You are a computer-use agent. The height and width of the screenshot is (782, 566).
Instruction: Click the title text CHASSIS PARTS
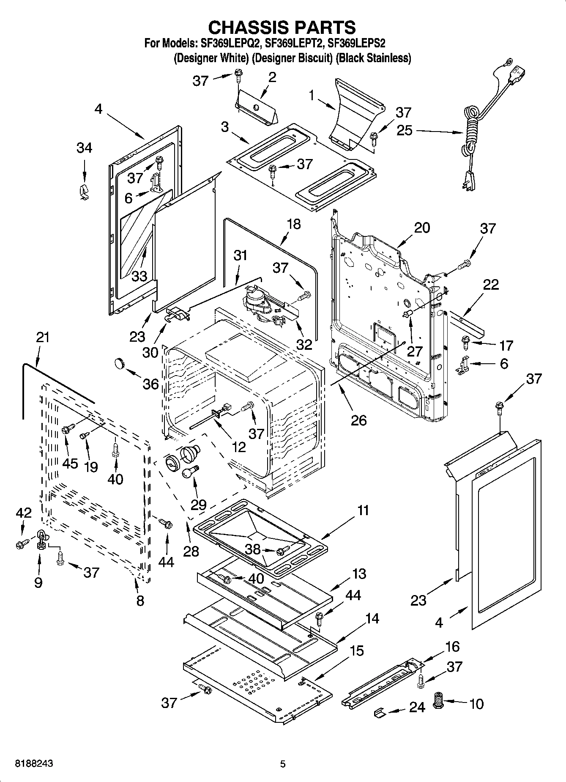(282, 27)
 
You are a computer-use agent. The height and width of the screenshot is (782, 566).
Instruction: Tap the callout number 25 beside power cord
(404, 130)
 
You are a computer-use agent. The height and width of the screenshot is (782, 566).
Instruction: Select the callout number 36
(150, 384)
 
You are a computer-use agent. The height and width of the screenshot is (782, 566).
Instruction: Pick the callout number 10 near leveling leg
(476, 704)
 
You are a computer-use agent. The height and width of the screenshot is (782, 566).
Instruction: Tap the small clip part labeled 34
(83, 192)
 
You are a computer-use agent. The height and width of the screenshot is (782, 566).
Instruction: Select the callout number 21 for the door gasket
(43, 337)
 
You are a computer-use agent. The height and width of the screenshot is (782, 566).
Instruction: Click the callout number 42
(24, 513)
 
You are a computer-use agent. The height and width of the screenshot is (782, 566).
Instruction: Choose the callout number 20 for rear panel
(421, 228)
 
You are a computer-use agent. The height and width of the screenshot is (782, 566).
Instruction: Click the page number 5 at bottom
(283, 764)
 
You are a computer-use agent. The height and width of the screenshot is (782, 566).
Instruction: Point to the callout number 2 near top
(272, 77)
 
